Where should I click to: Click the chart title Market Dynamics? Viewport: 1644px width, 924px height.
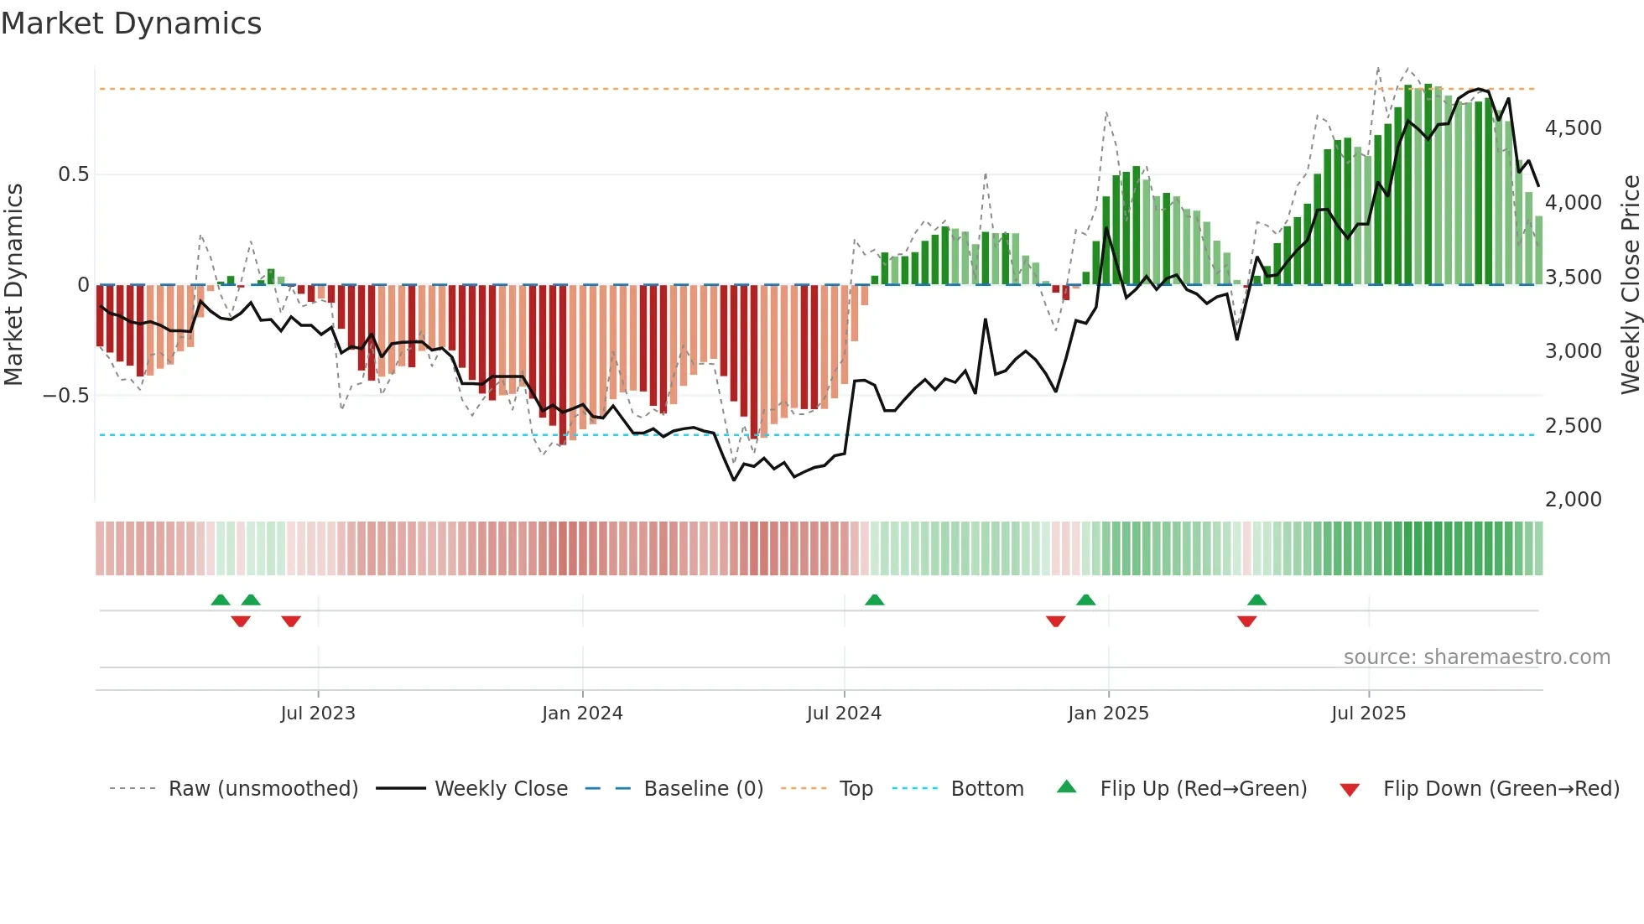click(131, 23)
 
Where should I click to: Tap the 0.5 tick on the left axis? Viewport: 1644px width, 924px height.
click(73, 174)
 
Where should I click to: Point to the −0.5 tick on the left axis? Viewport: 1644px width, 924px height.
click(66, 396)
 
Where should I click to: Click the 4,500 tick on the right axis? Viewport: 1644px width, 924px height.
click(1573, 128)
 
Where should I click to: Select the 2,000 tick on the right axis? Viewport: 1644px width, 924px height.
click(1573, 500)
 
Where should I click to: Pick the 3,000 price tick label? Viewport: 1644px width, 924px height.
click(1573, 351)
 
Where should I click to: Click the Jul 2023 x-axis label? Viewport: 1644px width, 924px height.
click(318, 714)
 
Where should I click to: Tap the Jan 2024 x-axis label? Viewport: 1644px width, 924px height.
click(582, 714)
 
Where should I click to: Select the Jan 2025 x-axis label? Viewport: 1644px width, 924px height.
click(1108, 714)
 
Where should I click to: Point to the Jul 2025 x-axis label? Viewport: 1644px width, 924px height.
click(1368, 714)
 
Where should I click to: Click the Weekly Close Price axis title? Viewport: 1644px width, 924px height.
click(1630, 285)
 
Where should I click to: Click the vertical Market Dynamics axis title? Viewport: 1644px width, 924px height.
click(13, 285)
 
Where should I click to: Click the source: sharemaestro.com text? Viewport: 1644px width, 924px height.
click(1476, 657)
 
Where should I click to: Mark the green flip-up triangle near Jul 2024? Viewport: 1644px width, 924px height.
click(874, 600)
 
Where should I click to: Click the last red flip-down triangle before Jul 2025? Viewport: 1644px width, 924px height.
click(1246, 621)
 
